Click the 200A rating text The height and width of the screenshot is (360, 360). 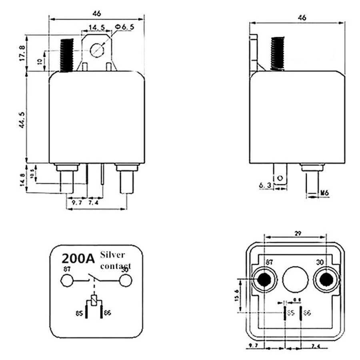pyautogui.click(x=78, y=258)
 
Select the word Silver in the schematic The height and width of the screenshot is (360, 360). pyautogui.click(x=112, y=255)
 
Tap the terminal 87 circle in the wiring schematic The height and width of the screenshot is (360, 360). pyautogui.click(x=67, y=281)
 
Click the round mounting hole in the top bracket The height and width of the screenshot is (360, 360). pyautogui.click(x=97, y=50)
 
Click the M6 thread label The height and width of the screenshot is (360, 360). pyautogui.click(x=324, y=193)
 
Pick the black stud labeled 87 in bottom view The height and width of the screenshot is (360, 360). pyautogui.click(x=264, y=280)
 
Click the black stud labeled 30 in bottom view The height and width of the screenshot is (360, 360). pyautogui.click(x=326, y=280)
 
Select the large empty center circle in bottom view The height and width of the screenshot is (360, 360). pyautogui.click(x=295, y=280)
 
